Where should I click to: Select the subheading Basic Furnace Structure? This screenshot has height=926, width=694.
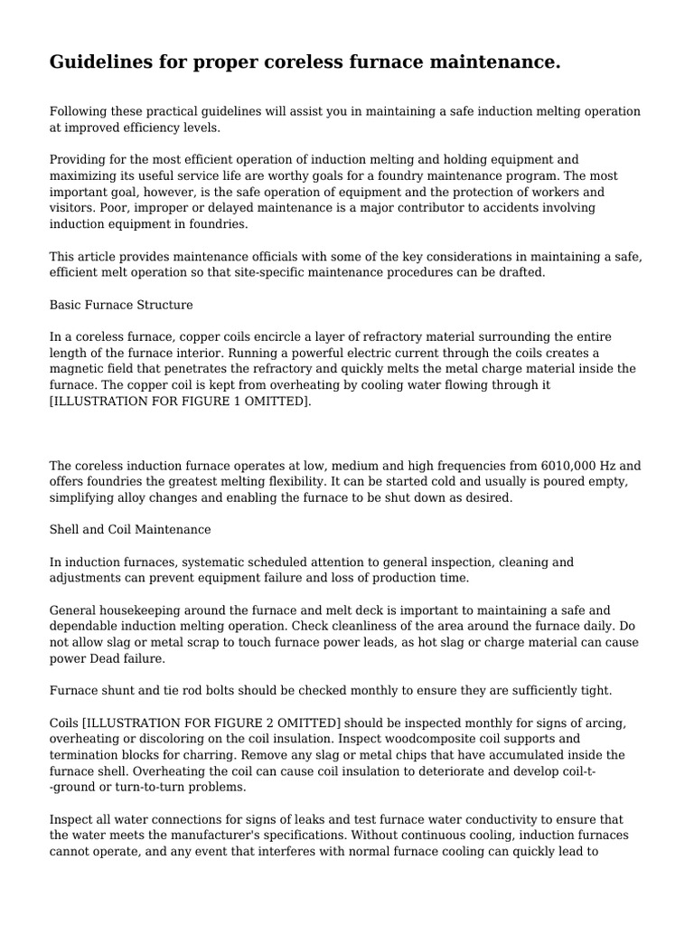coord(121,305)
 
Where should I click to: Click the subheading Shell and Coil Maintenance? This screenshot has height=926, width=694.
coord(130,529)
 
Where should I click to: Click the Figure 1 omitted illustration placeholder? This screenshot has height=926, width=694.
coord(180,401)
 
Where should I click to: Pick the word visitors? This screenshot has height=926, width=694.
coord(73,208)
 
